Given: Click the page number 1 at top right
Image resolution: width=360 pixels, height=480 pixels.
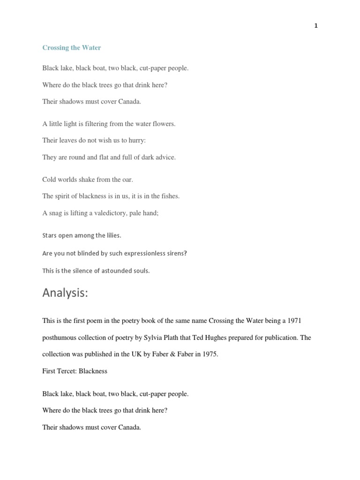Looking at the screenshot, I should (x=316, y=26).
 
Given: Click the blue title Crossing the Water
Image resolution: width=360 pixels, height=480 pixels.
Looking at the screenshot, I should (x=72, y=48).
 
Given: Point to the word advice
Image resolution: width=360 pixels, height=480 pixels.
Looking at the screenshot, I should (x=164, y=157).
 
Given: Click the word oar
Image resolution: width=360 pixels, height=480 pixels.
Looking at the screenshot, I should (x=127, y=180).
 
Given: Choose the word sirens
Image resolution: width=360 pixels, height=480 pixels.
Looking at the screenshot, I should (x=176, y=253).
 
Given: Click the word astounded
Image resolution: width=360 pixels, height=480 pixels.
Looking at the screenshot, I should (x=109, y=271).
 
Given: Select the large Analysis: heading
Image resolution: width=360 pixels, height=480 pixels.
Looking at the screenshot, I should (x=65, y=293).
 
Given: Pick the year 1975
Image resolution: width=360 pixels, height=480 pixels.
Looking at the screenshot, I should (x=209, y=354).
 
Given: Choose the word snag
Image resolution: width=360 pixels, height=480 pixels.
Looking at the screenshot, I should (x=56, y=213).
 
